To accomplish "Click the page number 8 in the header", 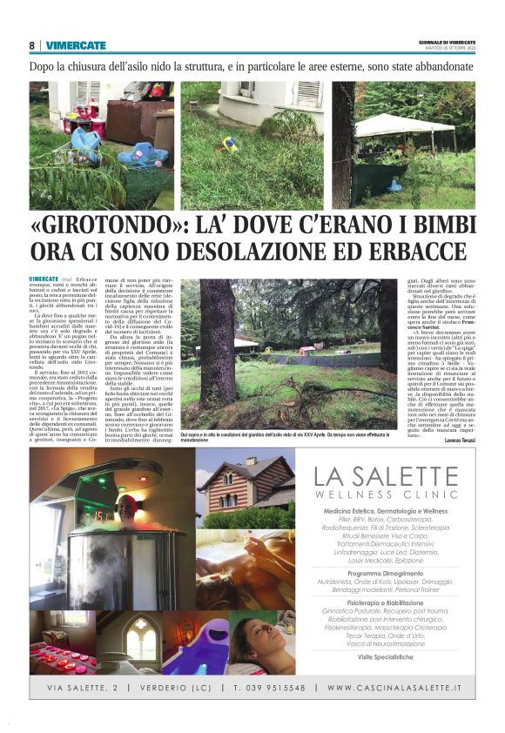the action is click(x=32, y=44).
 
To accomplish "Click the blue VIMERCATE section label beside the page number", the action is click(x=76, y=44).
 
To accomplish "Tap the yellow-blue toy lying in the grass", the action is click(x=229, y=144).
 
